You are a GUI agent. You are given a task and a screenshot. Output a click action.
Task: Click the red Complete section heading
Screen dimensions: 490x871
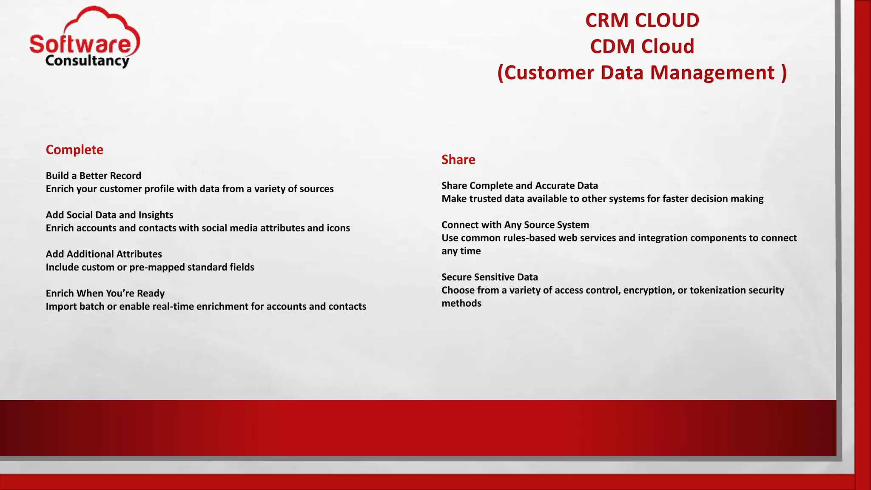tap(74, 150)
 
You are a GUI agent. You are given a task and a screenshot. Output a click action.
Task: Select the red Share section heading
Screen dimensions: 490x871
tap(458, 160)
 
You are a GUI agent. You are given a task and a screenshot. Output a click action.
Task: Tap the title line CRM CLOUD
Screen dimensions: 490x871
tap(642, 20)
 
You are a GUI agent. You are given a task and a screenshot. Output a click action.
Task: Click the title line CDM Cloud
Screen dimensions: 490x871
tap(642, 46)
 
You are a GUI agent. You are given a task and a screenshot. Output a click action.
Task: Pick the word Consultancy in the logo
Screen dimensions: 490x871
tap(87, 61)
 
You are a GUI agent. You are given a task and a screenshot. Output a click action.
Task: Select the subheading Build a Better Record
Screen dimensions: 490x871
tap(93, 176)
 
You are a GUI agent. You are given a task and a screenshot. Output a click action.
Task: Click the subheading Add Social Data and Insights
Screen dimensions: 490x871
tap(109, 215)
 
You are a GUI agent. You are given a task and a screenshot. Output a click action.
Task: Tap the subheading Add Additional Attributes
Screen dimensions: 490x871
tap(104, 254)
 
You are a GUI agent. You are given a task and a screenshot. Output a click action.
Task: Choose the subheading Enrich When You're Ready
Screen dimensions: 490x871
tap(105, 293)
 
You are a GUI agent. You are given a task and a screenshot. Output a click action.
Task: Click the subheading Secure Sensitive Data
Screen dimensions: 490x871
tap(490, 277)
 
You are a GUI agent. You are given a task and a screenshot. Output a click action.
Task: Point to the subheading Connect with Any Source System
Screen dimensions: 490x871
tap(515, 225)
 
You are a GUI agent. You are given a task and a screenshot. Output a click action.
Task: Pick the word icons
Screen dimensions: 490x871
tap(338, 228)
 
